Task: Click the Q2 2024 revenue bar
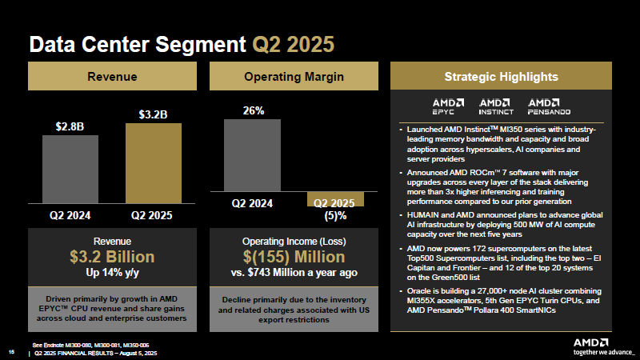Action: point(70,170)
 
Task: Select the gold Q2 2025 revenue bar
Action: point(154,164)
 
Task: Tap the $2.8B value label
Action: point(70,126)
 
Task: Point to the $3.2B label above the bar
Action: point(154,114)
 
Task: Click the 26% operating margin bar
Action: point(253,155)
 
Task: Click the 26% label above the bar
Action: point(253,111)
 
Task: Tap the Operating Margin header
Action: point(294,77)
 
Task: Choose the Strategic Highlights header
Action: point(501,77)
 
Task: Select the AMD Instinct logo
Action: point(496,107)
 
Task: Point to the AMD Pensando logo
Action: point(548,107)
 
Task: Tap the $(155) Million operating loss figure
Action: point(294,257)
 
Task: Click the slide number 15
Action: point(11,351)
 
